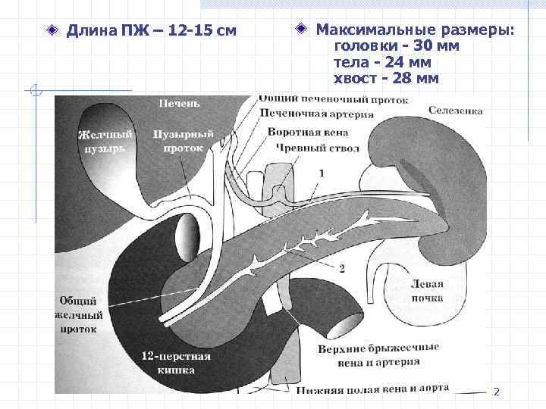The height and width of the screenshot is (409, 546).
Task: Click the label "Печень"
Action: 180,102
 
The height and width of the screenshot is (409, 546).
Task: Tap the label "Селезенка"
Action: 455,111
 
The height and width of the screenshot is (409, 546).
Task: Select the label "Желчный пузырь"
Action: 105,142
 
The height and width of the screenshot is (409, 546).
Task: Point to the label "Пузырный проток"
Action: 183,142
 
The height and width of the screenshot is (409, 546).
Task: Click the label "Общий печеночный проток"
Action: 333,99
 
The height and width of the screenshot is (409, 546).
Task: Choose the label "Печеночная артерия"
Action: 316,114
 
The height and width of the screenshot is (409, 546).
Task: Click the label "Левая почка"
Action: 426,292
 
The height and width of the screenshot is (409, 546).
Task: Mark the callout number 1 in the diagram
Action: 321,173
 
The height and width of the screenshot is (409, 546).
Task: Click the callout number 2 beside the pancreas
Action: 342,267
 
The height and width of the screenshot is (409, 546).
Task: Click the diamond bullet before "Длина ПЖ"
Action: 52,31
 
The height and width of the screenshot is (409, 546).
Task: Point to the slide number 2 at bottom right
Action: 496,392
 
